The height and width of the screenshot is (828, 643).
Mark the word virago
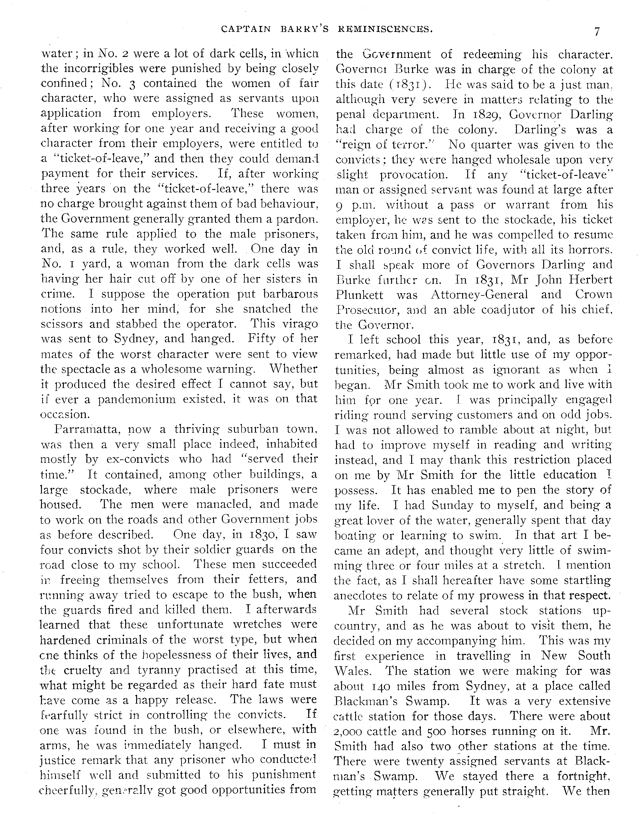297,324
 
